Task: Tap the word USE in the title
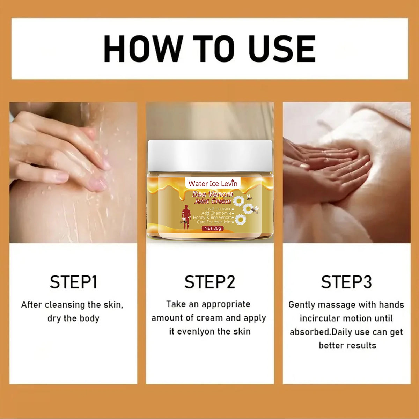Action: (x=282, y=49)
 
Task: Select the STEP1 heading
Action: (x=73, y=282)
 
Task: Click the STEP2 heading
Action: (x=209, y=282)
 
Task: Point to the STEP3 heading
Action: (x=346, y=282)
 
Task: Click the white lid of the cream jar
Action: (x=210, y=156)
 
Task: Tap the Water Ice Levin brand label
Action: (x=213, y=183)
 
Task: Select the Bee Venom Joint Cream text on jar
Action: (x=213, y=198)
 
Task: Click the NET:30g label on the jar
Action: (x=213, y=228)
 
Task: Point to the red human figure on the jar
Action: (x=186, y=216)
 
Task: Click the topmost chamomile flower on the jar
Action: (x=239, y=201)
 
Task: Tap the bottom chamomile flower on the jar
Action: (x=240, y=220)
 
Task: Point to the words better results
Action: (x=347, y=345)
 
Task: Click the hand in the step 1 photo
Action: (x=59, y=150)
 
